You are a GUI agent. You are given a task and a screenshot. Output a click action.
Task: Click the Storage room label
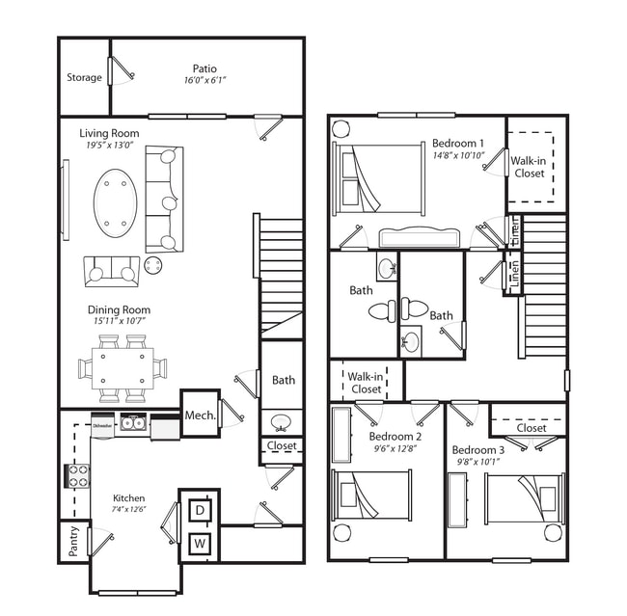click(84, 77)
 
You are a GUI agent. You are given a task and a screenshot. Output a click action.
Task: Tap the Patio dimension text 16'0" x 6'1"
click(204, 81)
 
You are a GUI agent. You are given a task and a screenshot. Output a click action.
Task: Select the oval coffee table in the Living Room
click(115, 202)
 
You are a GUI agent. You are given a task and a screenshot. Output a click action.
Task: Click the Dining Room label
click(119, 310)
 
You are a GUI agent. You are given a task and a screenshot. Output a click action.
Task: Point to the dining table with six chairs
click(123, 367)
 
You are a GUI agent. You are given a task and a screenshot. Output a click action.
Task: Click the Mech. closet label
click(200, 415)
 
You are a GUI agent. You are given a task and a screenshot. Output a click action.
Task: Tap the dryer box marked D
click(200, 509)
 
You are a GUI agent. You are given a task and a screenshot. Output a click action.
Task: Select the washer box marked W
click(200, 543)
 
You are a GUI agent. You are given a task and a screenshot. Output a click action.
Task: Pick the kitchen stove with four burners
click(77, 475)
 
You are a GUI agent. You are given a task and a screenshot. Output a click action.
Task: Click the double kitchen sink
click(133, 422)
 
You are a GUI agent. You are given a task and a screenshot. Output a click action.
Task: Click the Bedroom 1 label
click(457, 143)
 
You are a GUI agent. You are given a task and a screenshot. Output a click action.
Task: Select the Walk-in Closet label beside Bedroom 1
click(528, 167)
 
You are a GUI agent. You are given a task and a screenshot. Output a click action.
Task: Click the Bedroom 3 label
click(477, 449)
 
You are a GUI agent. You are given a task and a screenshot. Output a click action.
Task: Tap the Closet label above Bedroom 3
click(531, 427)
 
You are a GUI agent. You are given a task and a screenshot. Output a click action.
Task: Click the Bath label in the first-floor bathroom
click(284, 380)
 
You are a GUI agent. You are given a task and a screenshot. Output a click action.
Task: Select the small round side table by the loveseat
click(153, 264)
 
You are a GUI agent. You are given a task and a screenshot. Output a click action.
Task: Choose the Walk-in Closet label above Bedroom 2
click(366, 383)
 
